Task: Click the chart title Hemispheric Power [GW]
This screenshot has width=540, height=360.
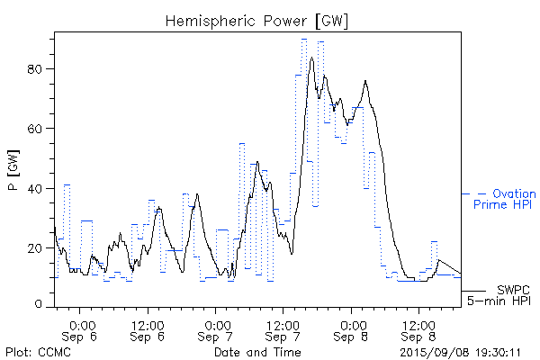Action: (x=256, y=19)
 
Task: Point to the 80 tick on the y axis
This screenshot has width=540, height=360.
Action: (x=38, y=68)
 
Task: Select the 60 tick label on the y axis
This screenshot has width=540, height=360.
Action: (x=38, y=128)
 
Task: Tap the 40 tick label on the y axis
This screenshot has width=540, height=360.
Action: (x=38, y=188)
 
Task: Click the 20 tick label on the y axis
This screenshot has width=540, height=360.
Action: (x=38, y=247)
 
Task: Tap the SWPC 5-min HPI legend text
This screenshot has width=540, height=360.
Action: (x=499, y=296)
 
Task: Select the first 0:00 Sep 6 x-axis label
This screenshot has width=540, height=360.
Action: (x=82, y=330)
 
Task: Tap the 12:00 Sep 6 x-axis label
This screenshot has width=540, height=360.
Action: (x=148, y=330)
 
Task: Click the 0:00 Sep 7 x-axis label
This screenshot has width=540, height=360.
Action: (x=216, y=330)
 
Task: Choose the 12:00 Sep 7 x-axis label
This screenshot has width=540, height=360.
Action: (x=283, y=330)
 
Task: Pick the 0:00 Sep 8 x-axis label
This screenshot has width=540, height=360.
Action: (x=351, y=330)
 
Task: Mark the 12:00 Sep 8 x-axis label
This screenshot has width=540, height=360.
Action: (x=417, y=330)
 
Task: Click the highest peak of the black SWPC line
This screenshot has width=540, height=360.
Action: (x=311, y=58)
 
